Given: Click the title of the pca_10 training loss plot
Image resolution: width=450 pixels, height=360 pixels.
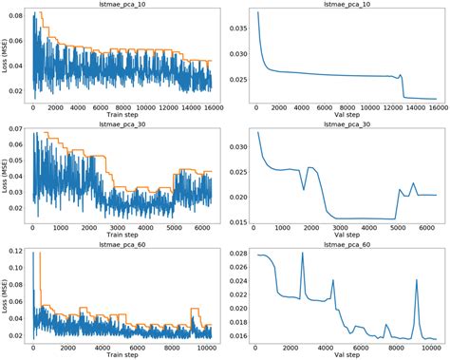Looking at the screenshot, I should [x=122, y=5].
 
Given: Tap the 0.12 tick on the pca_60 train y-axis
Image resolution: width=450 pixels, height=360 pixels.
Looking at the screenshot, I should [x=16, y=250].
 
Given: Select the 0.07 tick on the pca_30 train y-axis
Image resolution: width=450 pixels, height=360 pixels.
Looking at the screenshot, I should [x=16, y=134].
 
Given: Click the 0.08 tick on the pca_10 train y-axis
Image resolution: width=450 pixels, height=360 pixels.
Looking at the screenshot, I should [x=16, y=16].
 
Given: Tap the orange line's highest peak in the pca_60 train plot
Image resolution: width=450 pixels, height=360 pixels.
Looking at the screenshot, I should [x=39, y=255].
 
